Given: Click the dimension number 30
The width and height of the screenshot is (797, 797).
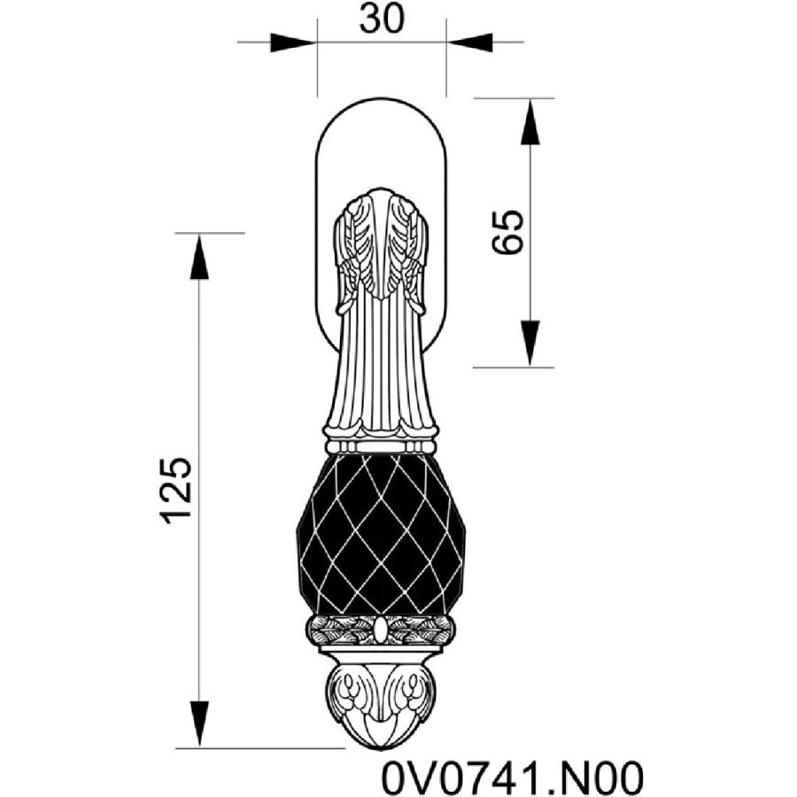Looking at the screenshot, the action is (x=382, y=19).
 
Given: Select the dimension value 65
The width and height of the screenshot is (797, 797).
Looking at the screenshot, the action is (x=507, y=232).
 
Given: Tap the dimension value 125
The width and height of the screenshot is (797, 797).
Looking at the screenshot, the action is (x=176, y=491).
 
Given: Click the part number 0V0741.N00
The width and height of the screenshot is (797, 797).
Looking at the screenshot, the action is (x=513, y=777).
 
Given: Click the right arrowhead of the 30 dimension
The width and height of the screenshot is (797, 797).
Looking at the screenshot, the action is (x=469, y=43).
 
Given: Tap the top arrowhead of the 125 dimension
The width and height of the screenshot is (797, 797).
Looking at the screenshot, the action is (x=199, y=257).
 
